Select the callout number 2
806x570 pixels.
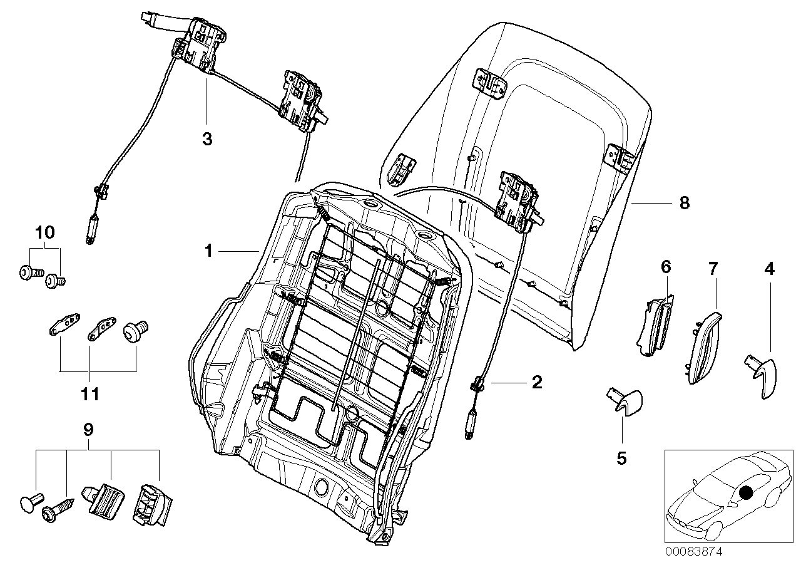(x=536, y=381)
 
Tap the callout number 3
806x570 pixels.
(x=207, y=139)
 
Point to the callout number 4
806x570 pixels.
(x=769, y=269)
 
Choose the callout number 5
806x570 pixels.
(x=621, y=459)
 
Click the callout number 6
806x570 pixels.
(x=665, y=267)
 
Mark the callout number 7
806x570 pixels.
(x=713, y=269)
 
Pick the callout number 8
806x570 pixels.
(x=684, y=203)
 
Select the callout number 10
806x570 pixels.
(x=45, y=232)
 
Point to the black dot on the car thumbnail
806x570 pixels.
(x=745, y=493)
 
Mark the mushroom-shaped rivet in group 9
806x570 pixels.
(x=31, y=502)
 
